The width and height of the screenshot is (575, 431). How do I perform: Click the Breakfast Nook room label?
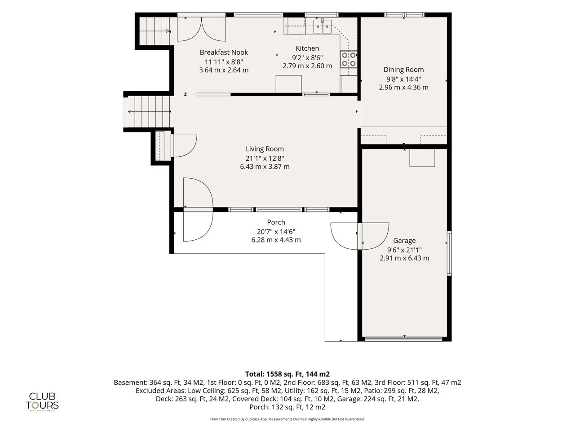point(224,53)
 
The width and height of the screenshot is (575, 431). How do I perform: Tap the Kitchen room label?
point(307,48)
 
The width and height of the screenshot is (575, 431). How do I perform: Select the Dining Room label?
point(403,70)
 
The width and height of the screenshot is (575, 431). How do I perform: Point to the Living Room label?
point(265,149)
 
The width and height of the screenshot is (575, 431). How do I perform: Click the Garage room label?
point(404,241)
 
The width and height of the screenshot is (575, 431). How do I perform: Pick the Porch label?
point(276,222)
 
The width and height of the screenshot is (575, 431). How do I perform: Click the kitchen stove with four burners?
point(349,59)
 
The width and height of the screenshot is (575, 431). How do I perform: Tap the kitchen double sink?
point(322,26)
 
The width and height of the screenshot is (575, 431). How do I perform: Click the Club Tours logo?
point(42,402)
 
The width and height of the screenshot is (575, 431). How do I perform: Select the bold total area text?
point(287,374)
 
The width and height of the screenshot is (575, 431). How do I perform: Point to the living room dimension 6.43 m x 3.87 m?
point(265,167)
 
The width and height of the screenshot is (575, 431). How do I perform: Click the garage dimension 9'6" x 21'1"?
point(404,250)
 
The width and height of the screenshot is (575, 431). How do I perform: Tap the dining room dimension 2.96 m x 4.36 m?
point(403,88)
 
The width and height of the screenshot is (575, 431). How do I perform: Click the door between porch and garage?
point(360,236)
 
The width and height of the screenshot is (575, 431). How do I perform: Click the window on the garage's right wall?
point(449,253)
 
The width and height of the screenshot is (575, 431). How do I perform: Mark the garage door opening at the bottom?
point(403,339)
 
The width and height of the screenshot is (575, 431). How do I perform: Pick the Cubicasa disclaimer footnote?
point(287,419)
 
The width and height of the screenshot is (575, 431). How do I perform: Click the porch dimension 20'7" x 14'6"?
point(276,232)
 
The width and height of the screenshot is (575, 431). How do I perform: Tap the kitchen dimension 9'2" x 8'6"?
point(307,57)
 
